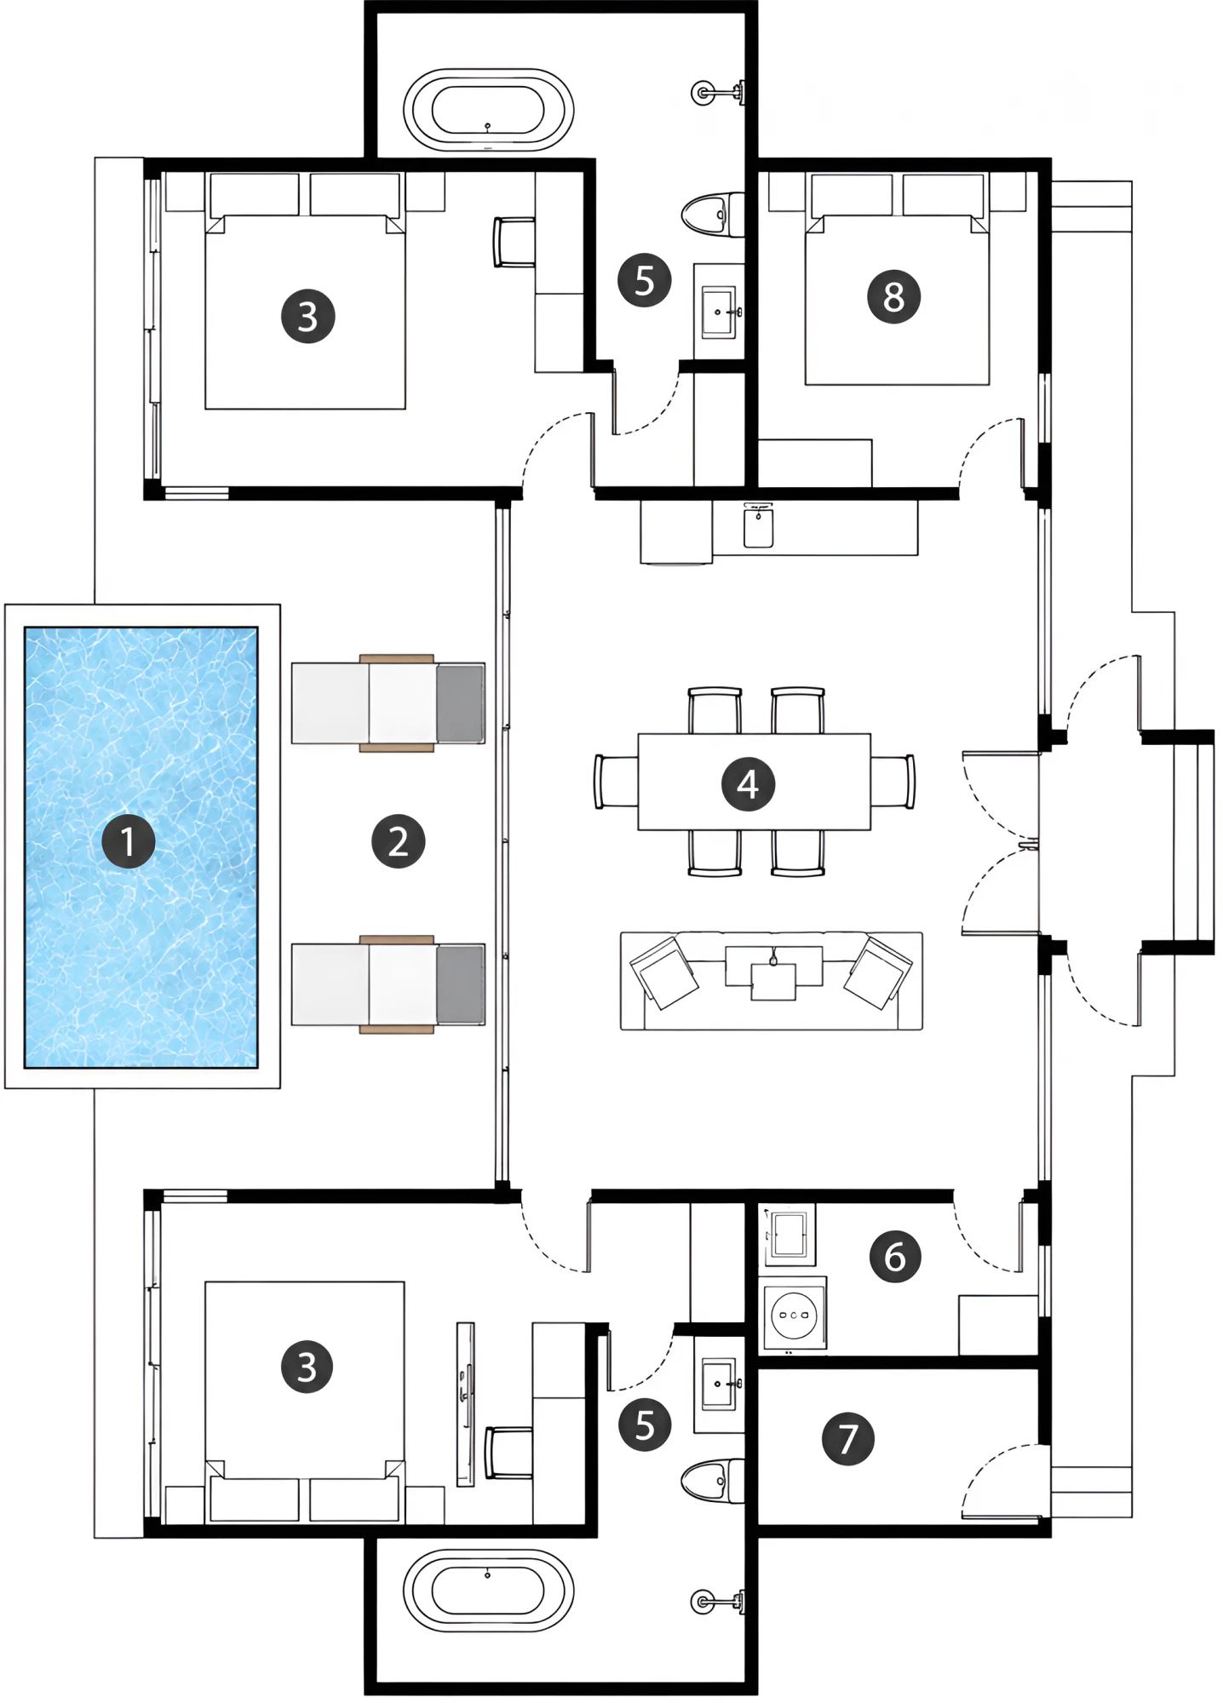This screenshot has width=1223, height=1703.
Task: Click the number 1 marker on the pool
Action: click(x=128, y=841)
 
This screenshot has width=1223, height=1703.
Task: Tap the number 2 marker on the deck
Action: click(x=398, y=841)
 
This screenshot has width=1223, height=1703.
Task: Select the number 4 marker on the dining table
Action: click(x=748, y=783)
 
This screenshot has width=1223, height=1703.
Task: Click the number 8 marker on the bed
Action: click(x=893, y=296)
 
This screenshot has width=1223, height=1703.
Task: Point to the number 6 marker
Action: click(x=894, y=1256)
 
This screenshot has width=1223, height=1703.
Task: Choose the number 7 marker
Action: click(x=847, y=1438)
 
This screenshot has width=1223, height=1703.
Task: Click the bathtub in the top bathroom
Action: click(x=488, y=110)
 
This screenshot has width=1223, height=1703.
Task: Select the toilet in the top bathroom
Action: click(x=713, y=214)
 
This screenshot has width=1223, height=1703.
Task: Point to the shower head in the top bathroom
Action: click(x=719, y=91)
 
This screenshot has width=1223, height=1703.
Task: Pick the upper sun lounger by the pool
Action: click(x=388, y=702)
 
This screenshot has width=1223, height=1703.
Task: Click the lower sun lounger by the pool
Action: click(x=388, y=983)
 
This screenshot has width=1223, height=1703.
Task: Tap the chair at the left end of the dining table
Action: click(x=617, y=781)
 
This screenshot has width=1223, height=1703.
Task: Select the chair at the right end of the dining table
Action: click(x=893, y=781)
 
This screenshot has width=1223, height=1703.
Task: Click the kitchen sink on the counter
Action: click(x=758, y=525)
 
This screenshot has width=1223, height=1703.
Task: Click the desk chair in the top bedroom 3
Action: click(x=514, y=242)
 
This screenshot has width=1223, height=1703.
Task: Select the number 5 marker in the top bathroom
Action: click(x=645, y=280)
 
